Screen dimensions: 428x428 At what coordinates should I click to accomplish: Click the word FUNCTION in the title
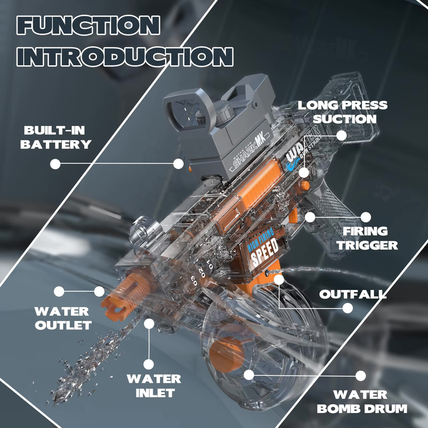point(89,26)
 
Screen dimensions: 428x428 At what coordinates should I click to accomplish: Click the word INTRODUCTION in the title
point(124,56)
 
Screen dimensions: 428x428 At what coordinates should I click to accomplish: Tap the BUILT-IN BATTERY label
point(57,137)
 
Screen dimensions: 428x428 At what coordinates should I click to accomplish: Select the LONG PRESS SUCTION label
point(342,112)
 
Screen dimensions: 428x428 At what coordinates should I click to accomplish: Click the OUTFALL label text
point(353,294)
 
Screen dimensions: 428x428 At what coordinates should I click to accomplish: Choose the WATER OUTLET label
point(62,318)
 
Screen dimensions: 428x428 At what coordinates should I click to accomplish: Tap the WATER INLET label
point(153,385)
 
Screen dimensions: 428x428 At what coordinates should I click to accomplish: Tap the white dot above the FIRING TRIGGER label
point(366,218)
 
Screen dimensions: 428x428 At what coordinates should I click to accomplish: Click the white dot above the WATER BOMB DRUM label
point(360,376)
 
